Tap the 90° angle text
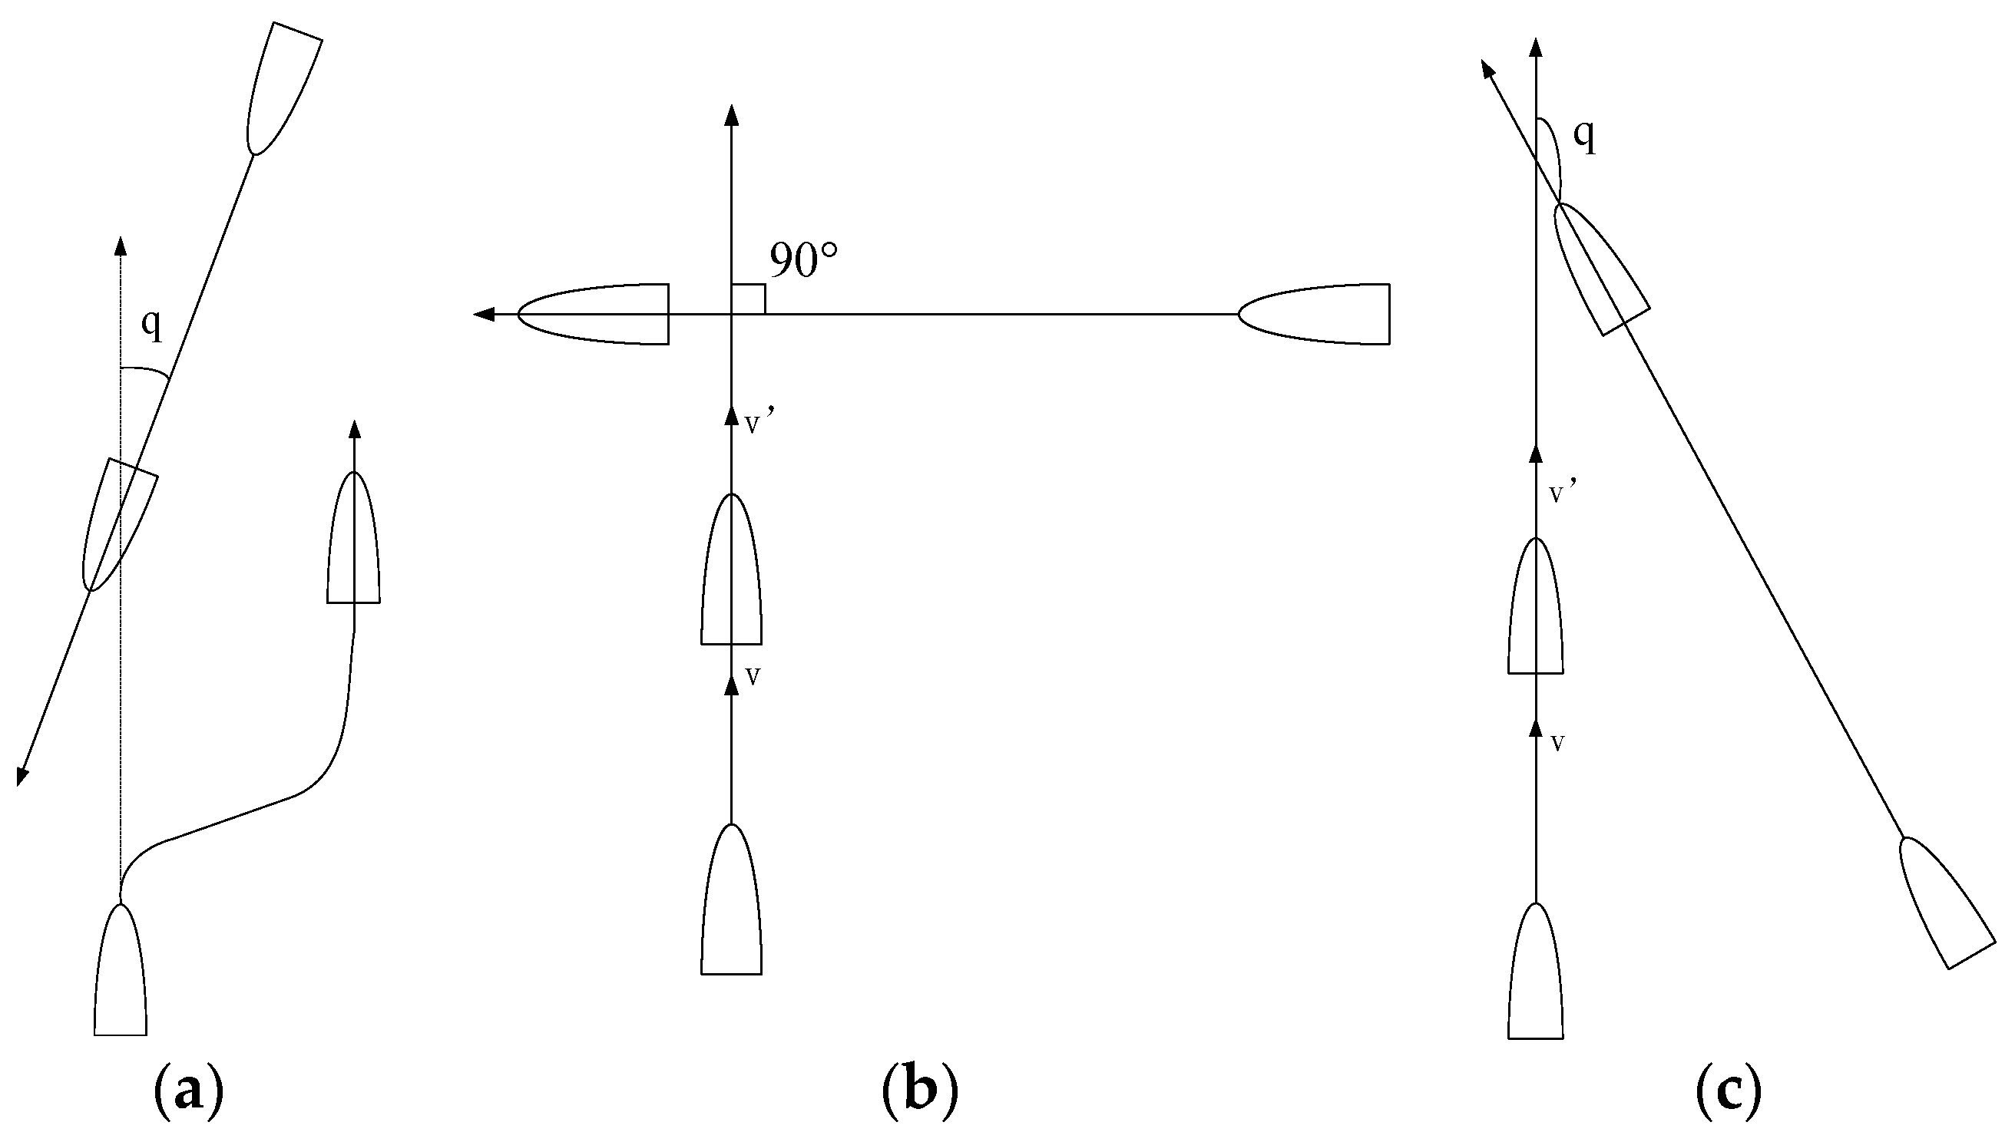802,260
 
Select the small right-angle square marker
748,299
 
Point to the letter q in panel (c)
1585,137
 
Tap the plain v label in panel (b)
753,676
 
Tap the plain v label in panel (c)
1558,742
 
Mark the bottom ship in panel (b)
731,902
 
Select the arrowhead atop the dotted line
120,245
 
